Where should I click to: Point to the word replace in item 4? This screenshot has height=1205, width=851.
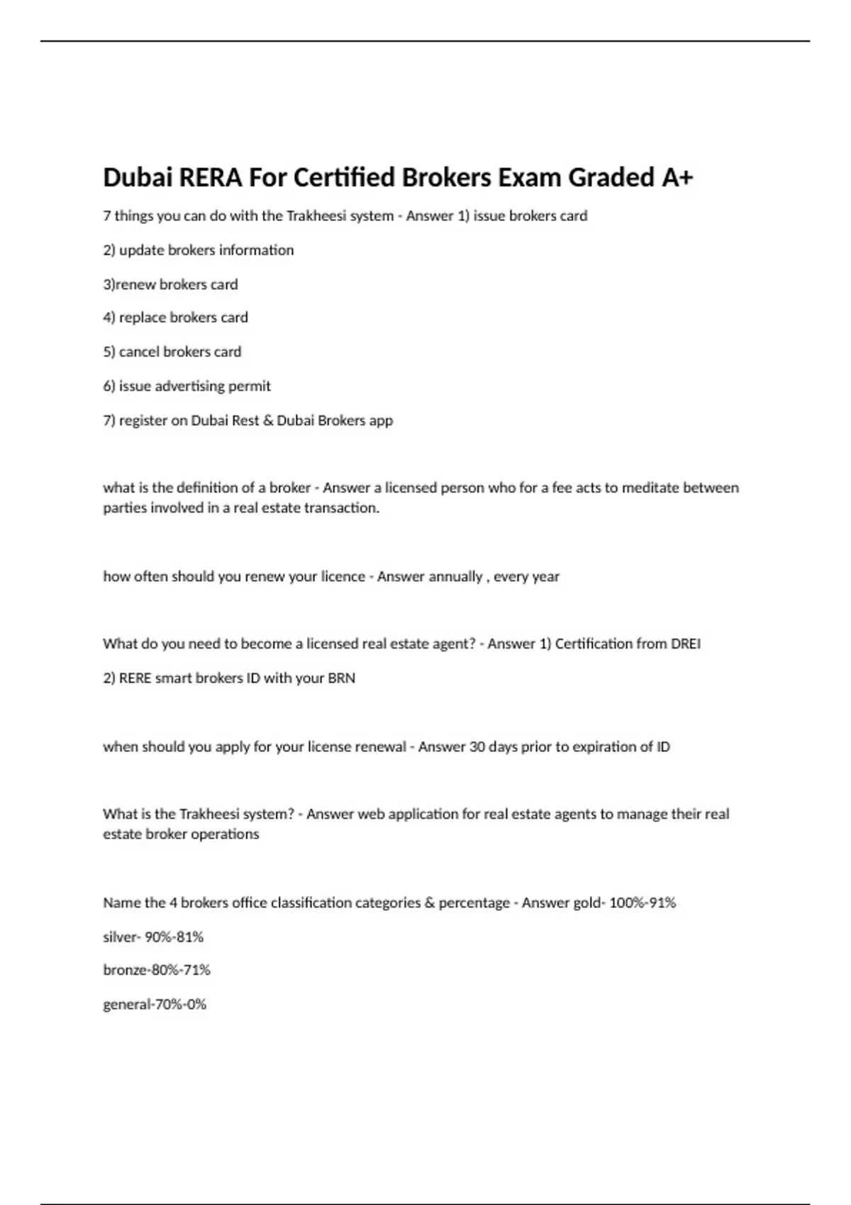[x=141, y=318]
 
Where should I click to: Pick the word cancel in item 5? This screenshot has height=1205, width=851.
[x=139, y=352]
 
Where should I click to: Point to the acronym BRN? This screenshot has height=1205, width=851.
[x=341, y=678]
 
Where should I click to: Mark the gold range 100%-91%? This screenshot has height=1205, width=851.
[x=642, y=902]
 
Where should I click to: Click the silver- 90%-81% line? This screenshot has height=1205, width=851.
[x=153, y=937]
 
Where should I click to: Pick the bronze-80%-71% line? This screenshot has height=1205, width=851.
[x=157, y=970]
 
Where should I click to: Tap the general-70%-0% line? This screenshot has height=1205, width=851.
[x=155, y=1004]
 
